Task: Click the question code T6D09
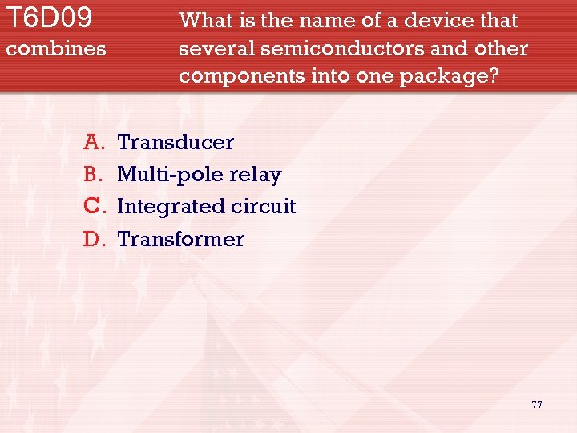click(x=49, y=18)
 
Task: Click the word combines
click(x=55, y=49)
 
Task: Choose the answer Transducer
click(x=176, y=143)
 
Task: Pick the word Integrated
click(x=171, y=207)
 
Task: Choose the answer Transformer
click(x=180, y=239)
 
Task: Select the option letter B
click(x=91, y=175)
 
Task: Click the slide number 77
click(x=536, y=404)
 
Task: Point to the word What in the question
click(x=204, y=21)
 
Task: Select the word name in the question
click(x=328, y=21)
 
